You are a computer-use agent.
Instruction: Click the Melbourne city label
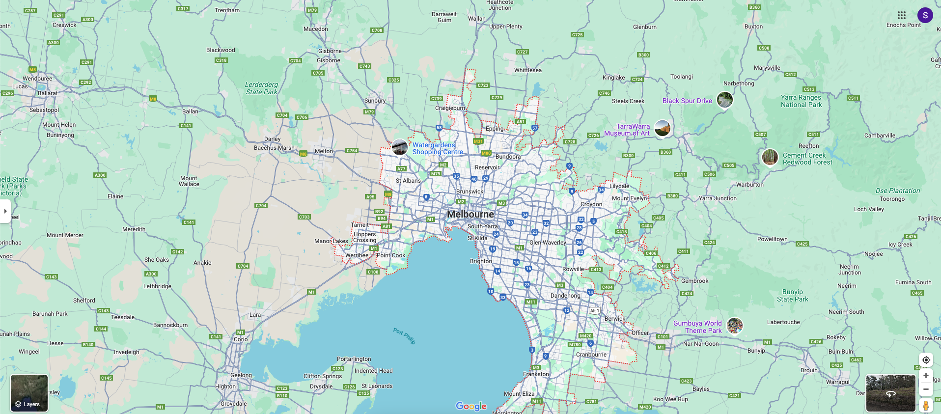click(x=470, y=214)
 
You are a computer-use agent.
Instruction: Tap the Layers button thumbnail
click(x=29, y=393)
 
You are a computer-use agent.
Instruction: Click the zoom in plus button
click(x=926, y=376)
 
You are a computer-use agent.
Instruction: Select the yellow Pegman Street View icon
click(x=926, y=406)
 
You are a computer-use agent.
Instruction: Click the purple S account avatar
click(x=925, y=15)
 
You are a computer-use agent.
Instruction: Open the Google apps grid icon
click(x=902, y=15)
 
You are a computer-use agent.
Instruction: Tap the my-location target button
click(x=926, y=360)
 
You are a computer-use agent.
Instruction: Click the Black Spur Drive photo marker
click(x=725, y=100)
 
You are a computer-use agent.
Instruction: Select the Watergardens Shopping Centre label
click(x=437, y=148)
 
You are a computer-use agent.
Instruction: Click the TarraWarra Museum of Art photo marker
click(x=663, y=128)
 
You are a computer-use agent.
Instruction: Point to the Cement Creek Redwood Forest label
click(x=807, y=159)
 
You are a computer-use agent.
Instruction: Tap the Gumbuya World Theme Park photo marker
click(x=735, y=325)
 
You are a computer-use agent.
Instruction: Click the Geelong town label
click(x=241, y=375)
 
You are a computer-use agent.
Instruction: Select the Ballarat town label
click(x=48, y=93)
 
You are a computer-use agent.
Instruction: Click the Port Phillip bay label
click(x=404, y=336)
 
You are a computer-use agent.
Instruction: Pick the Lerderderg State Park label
click(x=261, y=88)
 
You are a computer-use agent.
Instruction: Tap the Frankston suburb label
click(x=536, y=374)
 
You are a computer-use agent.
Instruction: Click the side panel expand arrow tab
click(x=5, y=211)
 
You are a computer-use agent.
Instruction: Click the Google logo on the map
click(x=471, y=406)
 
